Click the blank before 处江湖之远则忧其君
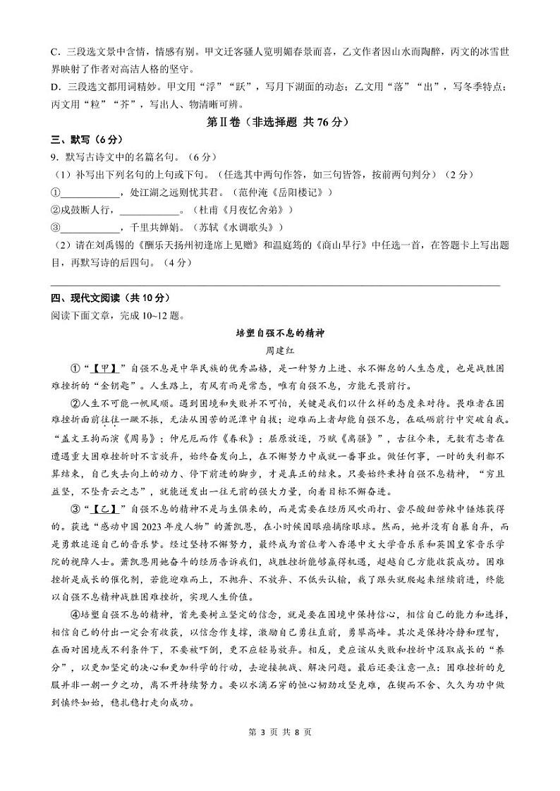(x=88, y=192)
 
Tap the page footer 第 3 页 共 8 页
(x=280, y=732)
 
